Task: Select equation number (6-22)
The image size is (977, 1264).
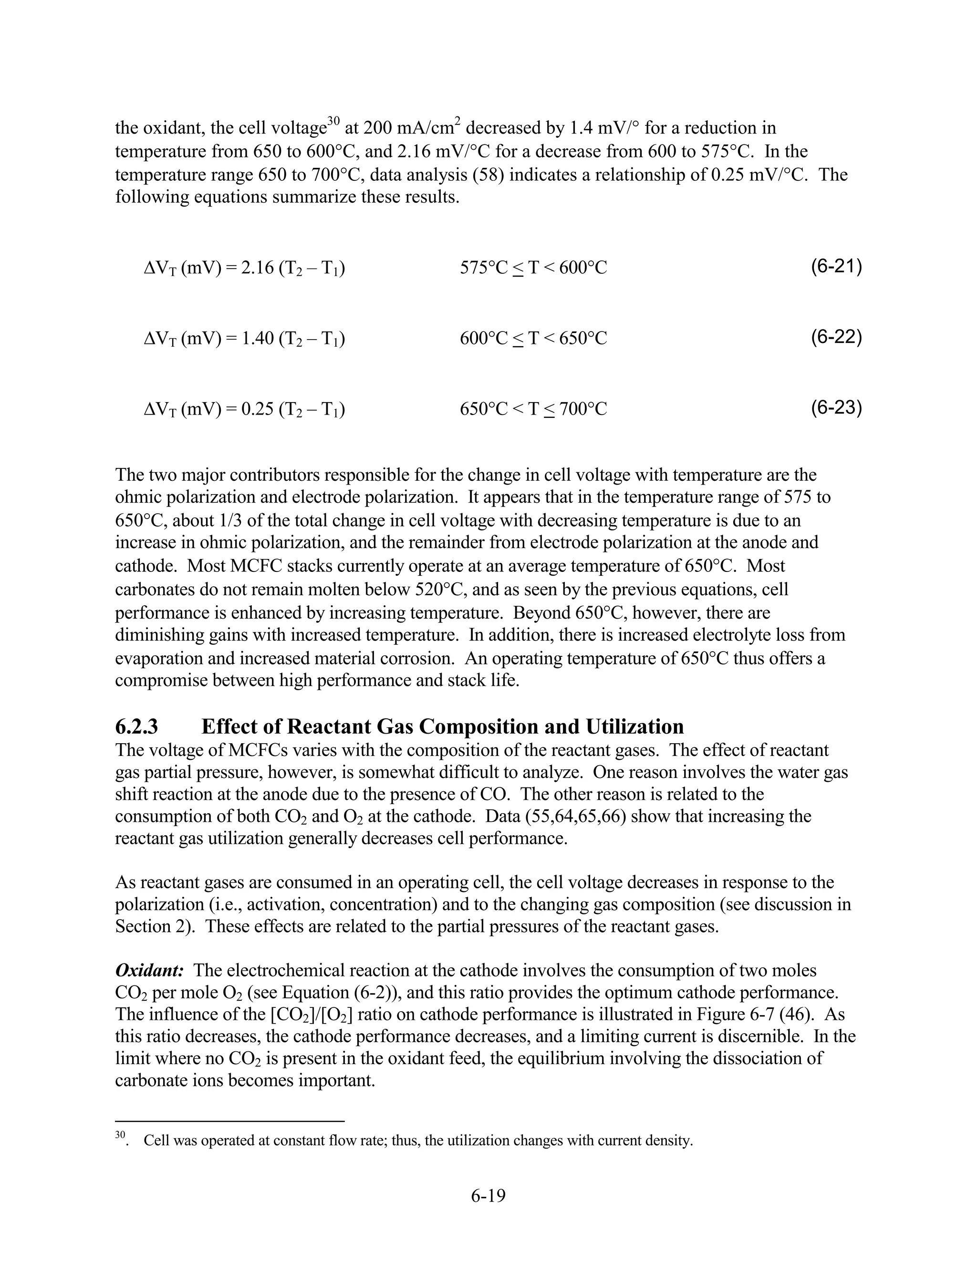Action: tap(836, 337)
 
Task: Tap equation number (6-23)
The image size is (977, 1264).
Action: tap(836, 408)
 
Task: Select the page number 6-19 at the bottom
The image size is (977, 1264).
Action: tap(488, 1196)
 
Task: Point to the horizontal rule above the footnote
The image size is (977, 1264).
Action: tap(230, 1121)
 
